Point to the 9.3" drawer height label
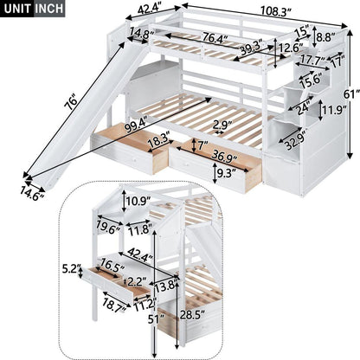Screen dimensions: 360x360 point(224,173)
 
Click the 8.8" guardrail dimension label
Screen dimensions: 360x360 point(326,38)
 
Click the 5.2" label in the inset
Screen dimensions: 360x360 point(71,269)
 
